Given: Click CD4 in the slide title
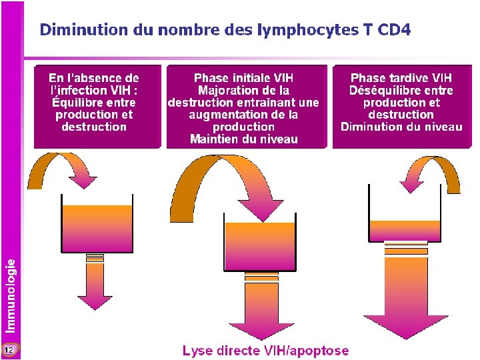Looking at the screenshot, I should (394, 30).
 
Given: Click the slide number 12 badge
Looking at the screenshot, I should (9, 349).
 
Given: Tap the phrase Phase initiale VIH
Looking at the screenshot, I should (243, 78).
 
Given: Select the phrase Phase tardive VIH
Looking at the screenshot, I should (401, 78).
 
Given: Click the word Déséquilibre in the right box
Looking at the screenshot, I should (401, 91).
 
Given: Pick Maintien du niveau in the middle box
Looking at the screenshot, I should (243, 139).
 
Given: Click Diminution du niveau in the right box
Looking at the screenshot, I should (401, 127).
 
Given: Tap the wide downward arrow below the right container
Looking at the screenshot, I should (406, 293).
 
